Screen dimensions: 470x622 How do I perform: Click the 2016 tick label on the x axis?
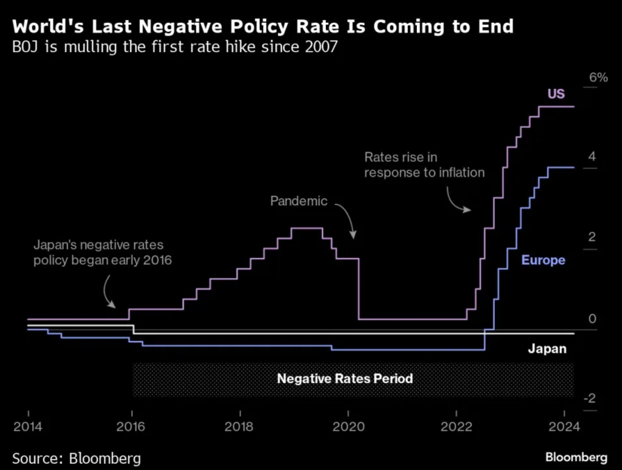click(132, 427)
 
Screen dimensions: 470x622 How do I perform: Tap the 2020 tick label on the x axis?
click(348, 427)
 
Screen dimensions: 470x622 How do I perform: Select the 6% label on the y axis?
click(598, 78)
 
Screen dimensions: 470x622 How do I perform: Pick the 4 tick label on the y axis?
click(592, 157)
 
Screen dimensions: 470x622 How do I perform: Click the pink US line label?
click(556, 94)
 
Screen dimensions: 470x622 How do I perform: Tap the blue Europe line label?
click(543, 260)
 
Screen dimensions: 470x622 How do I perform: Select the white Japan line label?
click(547, 349)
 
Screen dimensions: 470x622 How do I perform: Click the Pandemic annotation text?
click(298, 202)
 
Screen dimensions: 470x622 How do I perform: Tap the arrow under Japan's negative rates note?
click(108, 292)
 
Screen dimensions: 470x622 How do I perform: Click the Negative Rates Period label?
click(345, 378)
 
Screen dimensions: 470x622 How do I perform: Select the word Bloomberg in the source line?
click(105, 459)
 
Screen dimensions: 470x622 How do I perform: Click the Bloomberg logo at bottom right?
click(576, 458)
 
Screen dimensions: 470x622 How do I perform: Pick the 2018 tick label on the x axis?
click(240, 427)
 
